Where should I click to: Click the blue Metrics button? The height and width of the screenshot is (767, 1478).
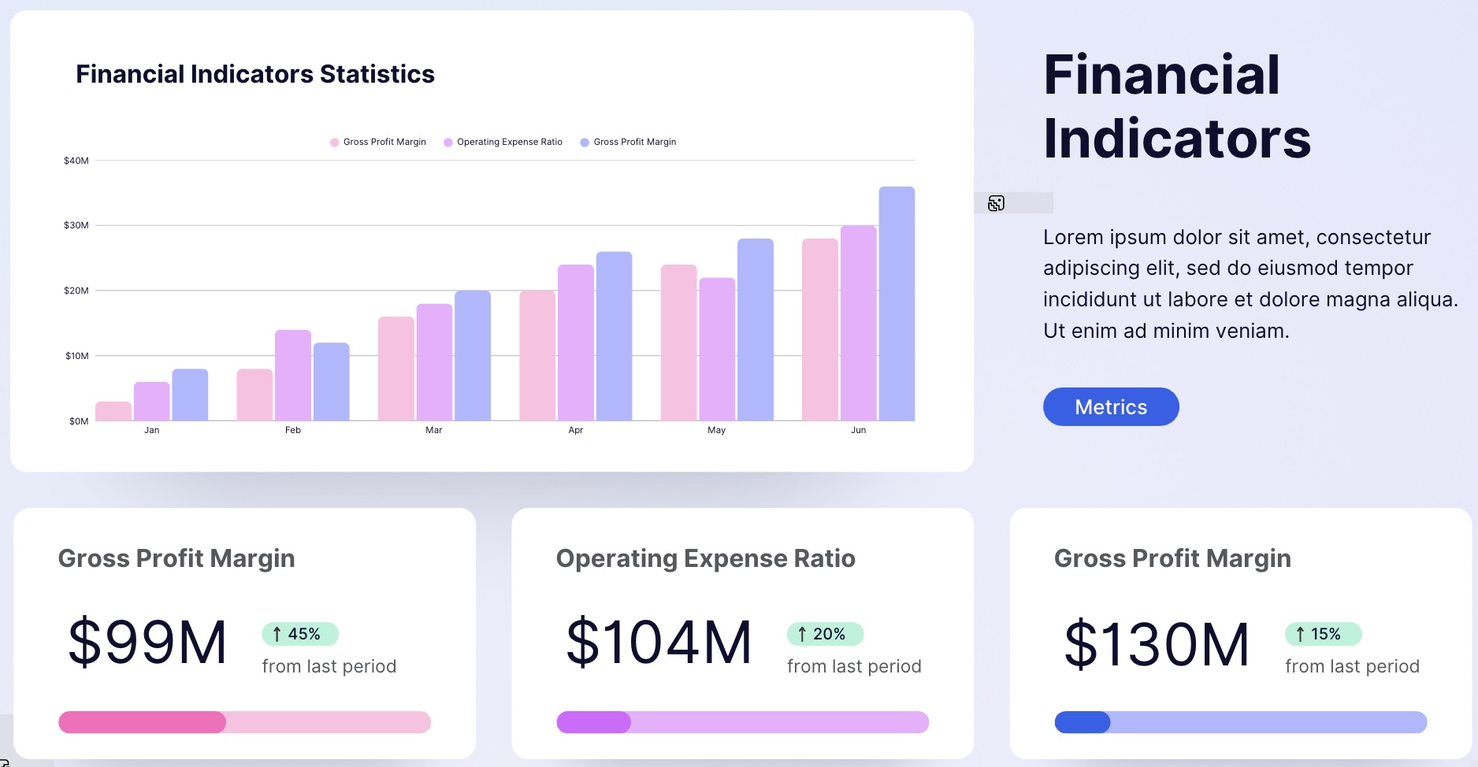tap(1111, 407)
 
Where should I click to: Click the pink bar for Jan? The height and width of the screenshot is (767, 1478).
tap(113, 411)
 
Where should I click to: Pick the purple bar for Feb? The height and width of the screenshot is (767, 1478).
tap(293, 375)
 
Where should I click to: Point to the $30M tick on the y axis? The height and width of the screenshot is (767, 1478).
tap(76, 225)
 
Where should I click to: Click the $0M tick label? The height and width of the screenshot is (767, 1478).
tap(78, 421)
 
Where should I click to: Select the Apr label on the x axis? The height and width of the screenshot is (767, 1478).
tap(576, 430)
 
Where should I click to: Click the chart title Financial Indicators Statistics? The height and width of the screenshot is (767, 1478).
tap(254, 74)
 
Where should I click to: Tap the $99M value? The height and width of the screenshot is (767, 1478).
tap(147, 643)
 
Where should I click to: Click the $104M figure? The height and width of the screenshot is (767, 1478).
tap(659, 643)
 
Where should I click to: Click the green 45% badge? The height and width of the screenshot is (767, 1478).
tap(299, 634)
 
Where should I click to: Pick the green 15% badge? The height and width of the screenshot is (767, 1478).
tap(1322, 634)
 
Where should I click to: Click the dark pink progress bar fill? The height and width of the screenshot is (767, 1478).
tap(142, 722)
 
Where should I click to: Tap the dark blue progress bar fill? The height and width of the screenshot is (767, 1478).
tap(1082, 722)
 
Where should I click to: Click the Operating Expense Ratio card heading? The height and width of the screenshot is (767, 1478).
tap(705, 558)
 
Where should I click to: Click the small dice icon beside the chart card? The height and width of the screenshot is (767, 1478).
tap(996, 203)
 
